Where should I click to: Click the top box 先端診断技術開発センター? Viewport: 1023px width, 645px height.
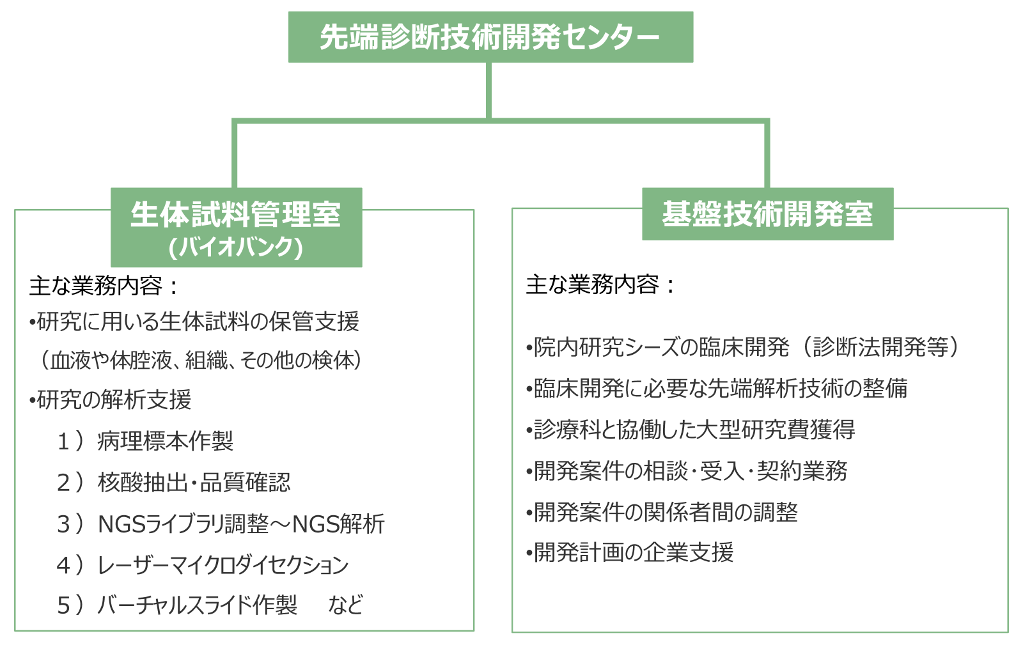(x=490, y=37)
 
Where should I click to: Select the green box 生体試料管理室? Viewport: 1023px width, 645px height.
(x=236, y=214)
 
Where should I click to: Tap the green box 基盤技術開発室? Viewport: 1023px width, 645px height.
(x=767, y=214)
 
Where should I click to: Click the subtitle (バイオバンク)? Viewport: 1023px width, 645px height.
(x=236, y=247)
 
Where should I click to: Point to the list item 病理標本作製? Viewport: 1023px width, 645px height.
(x=166, y=441)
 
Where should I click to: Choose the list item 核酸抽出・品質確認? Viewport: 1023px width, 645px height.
(x=194, y=483)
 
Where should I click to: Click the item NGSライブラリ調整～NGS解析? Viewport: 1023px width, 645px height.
(x=241, y=524)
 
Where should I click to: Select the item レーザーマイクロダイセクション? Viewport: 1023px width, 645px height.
(x=223, y=565)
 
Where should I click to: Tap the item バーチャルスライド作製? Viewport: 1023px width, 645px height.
(x=198, y=605)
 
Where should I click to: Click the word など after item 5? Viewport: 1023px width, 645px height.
(x=346, y=605)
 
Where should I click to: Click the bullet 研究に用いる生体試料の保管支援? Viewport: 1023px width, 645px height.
(x=194, y=322)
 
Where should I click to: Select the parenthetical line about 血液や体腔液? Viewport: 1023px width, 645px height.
(x=201, y=361)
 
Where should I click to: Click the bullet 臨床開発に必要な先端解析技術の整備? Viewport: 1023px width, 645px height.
(x=717, y=389)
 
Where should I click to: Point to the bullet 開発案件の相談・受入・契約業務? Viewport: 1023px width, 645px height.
(x=687, y=471)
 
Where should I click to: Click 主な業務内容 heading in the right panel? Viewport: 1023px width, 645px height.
(x=599, y=285)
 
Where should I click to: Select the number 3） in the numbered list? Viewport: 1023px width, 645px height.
(x=70, y=524)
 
